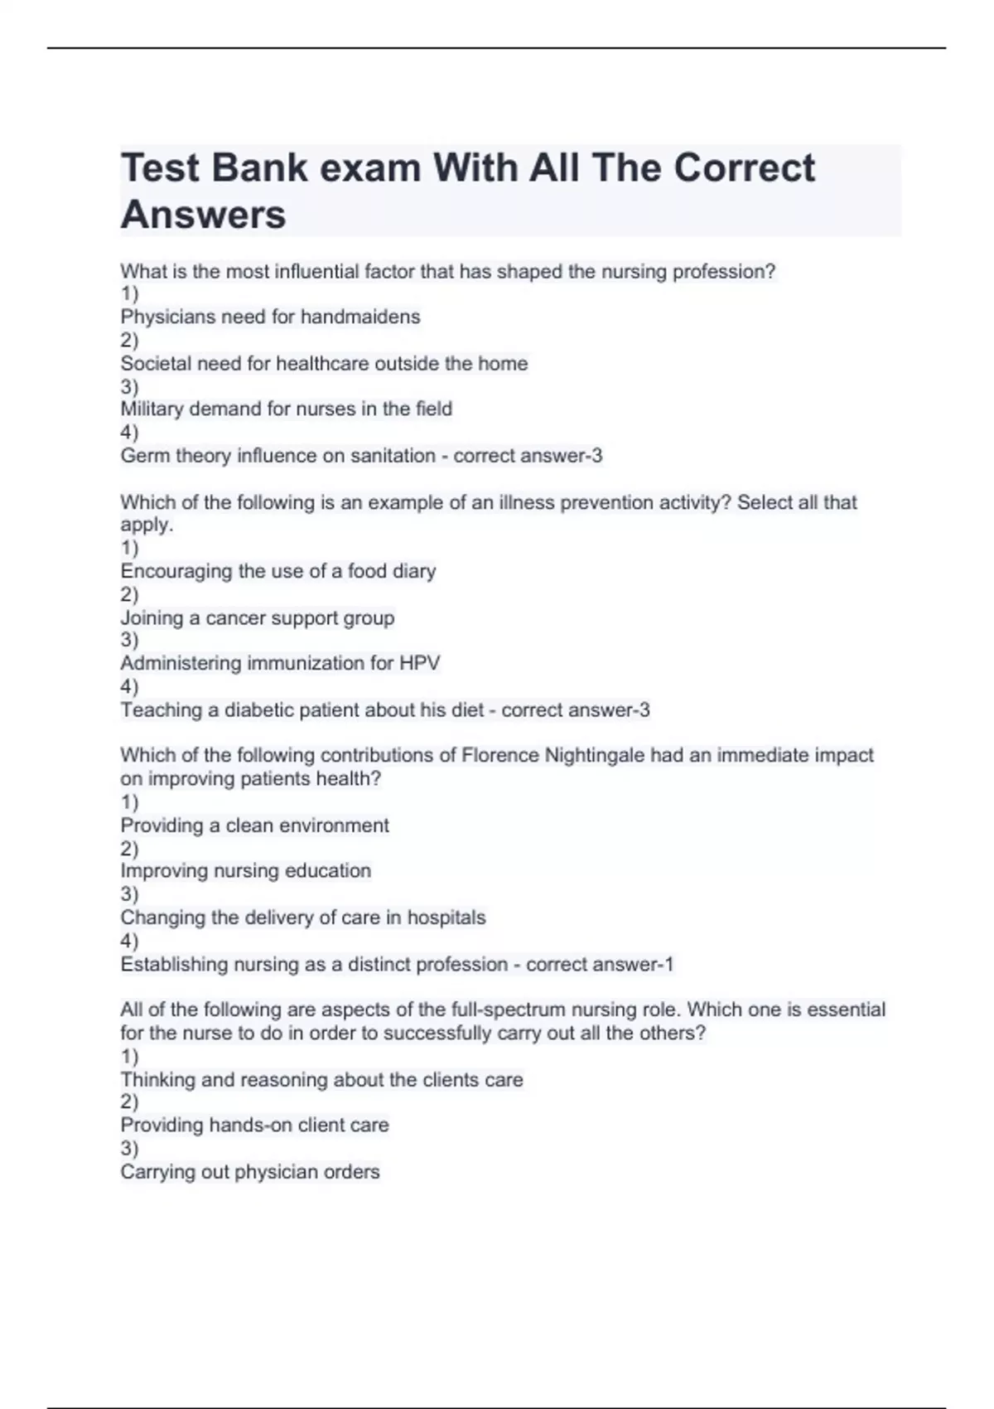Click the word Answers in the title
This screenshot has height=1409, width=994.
(203, 215)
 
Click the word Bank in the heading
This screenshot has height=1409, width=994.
(259, 168)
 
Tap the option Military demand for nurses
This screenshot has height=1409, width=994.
(286, 409)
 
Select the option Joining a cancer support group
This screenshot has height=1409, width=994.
(257, 617)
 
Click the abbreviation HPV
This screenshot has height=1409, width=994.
(419, 663)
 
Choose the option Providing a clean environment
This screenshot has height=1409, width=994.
(254, 826)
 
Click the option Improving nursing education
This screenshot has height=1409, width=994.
(245, 871)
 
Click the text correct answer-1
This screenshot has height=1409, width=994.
(600, 965)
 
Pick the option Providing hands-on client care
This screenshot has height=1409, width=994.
(254, 1125)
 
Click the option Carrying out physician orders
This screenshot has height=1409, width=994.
(249, 1172)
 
